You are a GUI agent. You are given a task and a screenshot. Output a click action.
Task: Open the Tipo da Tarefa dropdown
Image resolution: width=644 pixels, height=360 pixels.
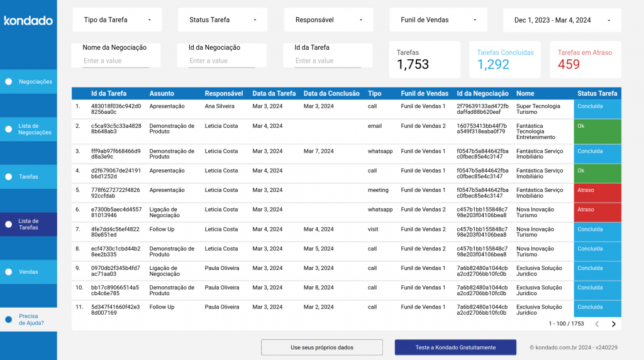[x=117, y=20]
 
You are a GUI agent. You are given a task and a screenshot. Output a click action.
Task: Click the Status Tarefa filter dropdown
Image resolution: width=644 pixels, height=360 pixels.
[x=223, y=20]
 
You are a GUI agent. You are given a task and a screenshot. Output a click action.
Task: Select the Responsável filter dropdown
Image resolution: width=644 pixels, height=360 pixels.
[x=329, y=20]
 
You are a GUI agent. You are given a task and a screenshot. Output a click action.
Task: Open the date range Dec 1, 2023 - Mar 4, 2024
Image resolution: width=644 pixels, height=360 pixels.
[x=562, y=20]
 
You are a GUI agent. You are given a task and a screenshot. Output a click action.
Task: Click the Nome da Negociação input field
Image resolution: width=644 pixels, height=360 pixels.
[x=116, y=61]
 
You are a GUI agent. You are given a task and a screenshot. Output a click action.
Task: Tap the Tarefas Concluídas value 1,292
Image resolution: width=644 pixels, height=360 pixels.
[x=493, y=64]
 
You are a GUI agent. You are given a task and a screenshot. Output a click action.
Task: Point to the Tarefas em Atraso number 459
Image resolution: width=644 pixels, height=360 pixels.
[x=569, y=64]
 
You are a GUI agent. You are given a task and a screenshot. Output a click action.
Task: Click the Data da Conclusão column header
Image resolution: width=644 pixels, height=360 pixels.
[x=331, y=94]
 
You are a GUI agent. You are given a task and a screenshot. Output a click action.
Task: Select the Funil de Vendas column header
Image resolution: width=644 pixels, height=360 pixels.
[x=425, y=94]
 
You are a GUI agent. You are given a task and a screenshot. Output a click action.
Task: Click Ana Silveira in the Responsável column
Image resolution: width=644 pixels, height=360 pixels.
[x=219, y=106]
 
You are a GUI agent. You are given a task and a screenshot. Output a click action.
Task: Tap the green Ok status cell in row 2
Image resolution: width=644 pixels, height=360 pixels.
[x=597, y=132]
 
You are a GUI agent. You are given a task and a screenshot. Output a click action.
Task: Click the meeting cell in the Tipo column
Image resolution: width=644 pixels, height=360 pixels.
[x=378, y=190]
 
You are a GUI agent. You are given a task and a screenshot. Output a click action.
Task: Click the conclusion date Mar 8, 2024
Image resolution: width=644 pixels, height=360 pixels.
[x=319, y=288]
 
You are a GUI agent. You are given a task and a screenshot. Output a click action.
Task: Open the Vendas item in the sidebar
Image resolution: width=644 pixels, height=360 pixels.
[x=28, y=272]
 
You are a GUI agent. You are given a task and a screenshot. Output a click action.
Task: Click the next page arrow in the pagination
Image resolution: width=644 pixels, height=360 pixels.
[x=614, y=324]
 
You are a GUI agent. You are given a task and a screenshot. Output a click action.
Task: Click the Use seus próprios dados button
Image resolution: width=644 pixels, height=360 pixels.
[x=322, y=347]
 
